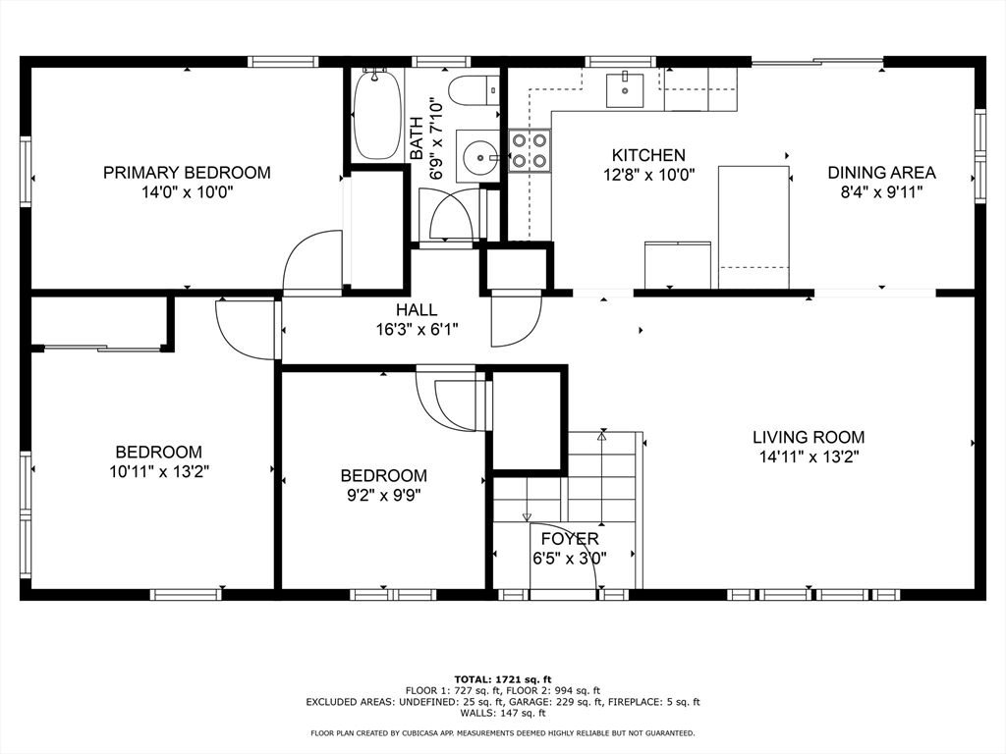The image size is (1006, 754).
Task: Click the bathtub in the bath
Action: pyautogui.click(x=377, y=116)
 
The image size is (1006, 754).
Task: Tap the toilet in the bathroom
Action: pyautogui.click(x=474, y=90)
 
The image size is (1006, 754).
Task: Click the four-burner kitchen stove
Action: pyautogui.click(x=530, y=150)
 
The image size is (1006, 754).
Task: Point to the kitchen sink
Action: pyautogui.click(x=625, y=89)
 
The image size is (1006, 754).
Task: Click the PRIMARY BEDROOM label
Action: pyautogui.click(x=187, y=173)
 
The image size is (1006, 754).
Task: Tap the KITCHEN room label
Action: pyautogui.click(x=648, y=155)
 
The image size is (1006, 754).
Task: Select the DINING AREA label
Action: pyautogui.click(x=881, y=173)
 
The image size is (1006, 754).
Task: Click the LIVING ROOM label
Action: pyautogui.click(x=809, y=437)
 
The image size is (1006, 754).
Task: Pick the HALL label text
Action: pyautogui.click(x=417, y=310)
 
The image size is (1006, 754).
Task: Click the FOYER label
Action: pyautogui.click(x=570, y=539)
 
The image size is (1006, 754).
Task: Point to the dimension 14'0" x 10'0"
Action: pyautogui.click(x=187, y=191)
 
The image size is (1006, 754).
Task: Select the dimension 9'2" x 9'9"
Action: pyautogui.click(x=384, y=495)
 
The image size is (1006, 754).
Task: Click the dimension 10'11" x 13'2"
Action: pyautogui.click(x=159, y=472)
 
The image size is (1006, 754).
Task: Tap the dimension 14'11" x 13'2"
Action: pyautogui.click(x=809, y=458)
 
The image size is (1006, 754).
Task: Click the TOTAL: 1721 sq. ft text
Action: pyautogui.click(x=503, y=679)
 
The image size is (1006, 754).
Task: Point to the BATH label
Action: pyautogui.click(x=417, y=138)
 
